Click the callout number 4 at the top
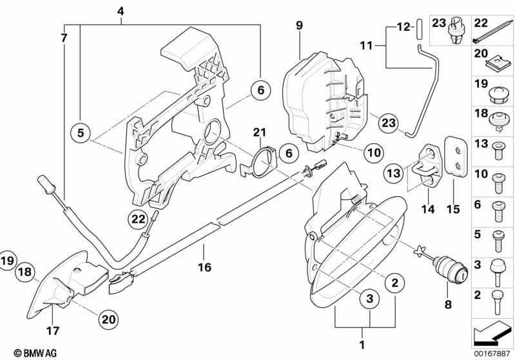[121, 11]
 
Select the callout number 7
[64, 37]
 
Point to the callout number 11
[366, 46]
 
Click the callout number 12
[402, 27]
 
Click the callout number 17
[53, 332]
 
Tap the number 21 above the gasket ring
[259, 133]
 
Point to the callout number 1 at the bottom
[362, 344]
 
